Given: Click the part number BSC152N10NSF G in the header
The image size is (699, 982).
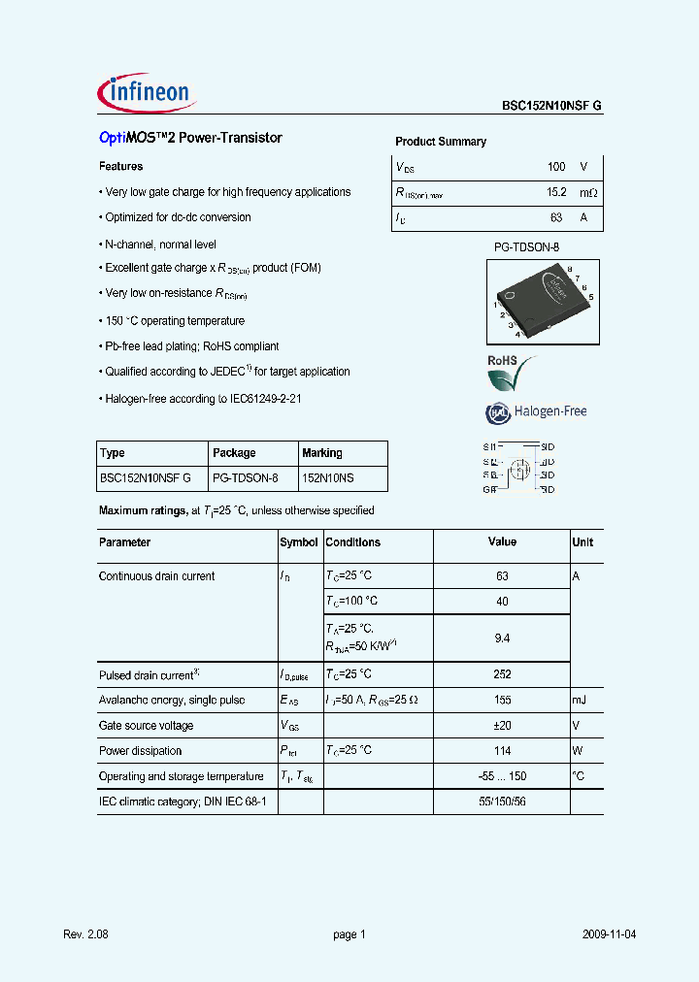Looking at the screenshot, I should pyautogui.click(x=551, y=107).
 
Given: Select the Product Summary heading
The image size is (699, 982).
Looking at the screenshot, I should pyautogui.click(x=441, y=142).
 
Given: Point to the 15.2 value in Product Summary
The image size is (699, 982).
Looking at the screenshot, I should pyautogui.click(x=555, y=193).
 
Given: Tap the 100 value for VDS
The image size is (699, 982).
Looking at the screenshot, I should pyautogui.click(x=556, y=167).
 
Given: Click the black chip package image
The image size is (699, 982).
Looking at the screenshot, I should pyautogui.click(x=539, y=299).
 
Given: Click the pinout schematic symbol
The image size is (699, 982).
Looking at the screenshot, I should pyautogui.click(x=519, y=469).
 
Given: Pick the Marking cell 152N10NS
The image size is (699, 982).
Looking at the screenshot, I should pyautogui.click(x=328, y=478).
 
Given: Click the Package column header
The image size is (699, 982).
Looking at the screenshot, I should pyautogui.click(x=234, y=453).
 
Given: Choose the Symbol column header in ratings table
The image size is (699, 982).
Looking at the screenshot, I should pyautogui.click(x=298, y=542).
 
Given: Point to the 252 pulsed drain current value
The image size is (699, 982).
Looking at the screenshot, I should pyautogui.click(x=502, y=674).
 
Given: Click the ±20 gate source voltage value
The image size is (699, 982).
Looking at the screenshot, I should pyautogui.click(x=502, y=725).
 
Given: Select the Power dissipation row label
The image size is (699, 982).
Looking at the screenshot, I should pyautogui.click(x=140, y=750).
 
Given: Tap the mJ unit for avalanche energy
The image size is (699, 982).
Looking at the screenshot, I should pyautogui.click(x=580, y=700).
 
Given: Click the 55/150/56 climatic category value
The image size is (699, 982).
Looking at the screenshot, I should pyautogui.click(x=502, y=802).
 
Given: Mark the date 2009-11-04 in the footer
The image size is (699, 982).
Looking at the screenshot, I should pyautogui.click(x=610, y=934).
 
